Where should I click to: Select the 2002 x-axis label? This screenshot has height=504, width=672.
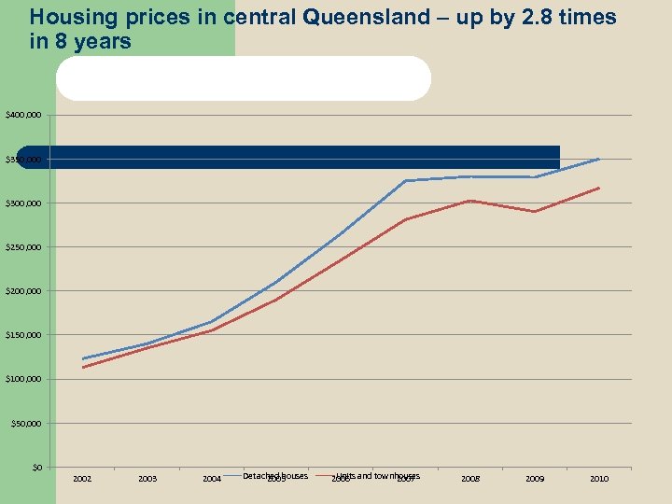82,479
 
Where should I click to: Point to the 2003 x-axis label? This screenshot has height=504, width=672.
147,479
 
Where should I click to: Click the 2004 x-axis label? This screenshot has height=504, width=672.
212,479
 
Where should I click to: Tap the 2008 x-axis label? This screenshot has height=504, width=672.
470,479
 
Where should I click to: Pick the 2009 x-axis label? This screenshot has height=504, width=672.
535,479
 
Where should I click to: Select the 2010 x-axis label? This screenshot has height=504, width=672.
599,479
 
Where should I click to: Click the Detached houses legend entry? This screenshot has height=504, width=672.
274,476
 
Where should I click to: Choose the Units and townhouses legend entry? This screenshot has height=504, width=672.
377,476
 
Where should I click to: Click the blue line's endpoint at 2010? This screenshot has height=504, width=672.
599,160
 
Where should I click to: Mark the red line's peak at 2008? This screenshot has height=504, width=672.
470,201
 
